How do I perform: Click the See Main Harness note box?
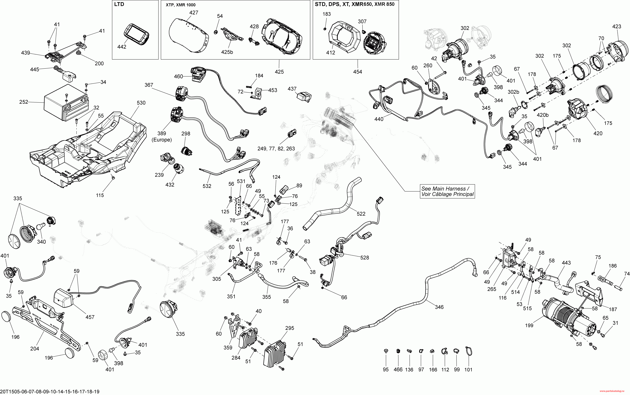[447, 191]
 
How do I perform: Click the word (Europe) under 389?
[162, 140]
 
